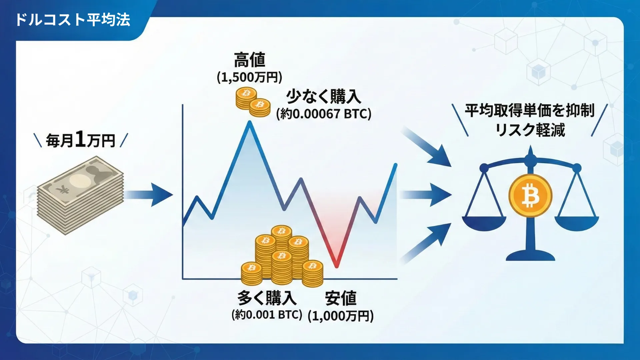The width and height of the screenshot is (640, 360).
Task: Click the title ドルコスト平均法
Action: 73,20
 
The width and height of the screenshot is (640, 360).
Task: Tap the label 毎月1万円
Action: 81,140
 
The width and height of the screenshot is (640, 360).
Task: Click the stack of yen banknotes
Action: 80,195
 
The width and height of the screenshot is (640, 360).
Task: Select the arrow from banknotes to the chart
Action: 150,195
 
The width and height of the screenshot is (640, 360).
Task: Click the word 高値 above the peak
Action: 249,60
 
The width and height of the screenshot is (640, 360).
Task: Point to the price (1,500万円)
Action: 249,77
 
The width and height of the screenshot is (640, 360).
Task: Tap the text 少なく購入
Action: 323,97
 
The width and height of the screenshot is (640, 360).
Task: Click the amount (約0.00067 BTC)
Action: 323,114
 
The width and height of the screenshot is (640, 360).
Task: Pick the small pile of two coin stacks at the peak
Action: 253,102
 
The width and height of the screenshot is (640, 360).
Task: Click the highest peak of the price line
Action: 249,123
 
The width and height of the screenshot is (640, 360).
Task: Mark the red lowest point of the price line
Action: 337,266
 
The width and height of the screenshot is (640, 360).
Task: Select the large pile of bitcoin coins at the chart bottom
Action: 282,257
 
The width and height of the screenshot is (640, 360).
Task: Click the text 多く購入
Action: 267,298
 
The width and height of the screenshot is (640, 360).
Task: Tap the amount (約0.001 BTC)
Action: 267,315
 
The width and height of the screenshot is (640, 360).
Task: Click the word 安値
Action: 341,298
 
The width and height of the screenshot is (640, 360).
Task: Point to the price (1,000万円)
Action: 341,316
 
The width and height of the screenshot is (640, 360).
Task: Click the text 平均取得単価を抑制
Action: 530,110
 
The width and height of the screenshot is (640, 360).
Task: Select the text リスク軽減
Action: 530,130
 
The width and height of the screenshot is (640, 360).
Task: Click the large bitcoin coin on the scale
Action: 530,196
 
